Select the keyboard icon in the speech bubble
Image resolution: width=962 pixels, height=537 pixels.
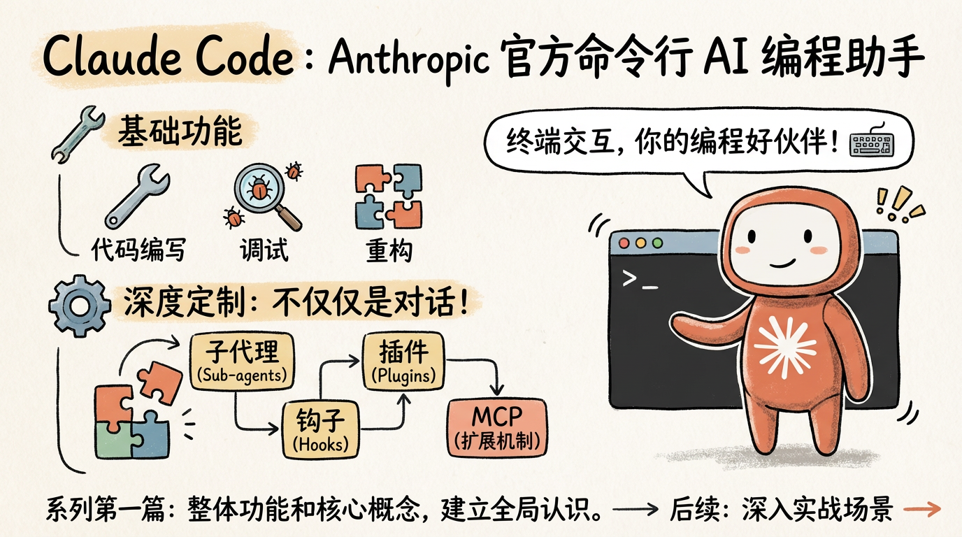pyautogui.click(x=870, y=144)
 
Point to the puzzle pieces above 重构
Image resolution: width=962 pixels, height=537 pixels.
pyautogui.click(x=389, y=196)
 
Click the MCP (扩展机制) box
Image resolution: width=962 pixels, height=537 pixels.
pyautogui.click(x=496, y=426)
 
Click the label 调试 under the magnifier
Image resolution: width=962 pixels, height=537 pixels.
pyautogui.click(x=264, y=250)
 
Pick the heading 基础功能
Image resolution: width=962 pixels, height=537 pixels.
pyautogui.click(x=179, y=131)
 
